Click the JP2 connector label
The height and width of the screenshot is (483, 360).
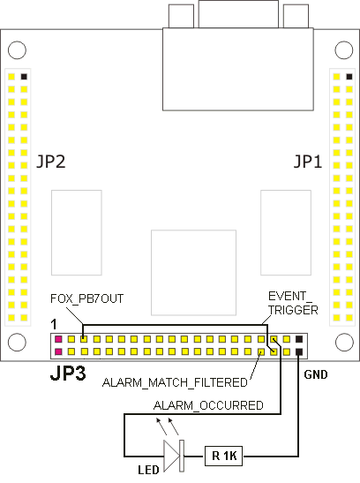(x=51, y=162)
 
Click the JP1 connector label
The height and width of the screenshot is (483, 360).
(x=307, y=162)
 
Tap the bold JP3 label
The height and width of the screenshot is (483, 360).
(x=68, y=374)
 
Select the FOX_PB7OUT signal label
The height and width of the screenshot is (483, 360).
(x=86, y=298)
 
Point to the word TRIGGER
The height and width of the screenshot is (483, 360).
(x=293, y=310)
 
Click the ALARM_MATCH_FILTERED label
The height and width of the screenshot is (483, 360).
(x=175, y=382)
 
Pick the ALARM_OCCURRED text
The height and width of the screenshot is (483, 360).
(x=208, y=405)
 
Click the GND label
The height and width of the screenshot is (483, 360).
(x=316, y=374)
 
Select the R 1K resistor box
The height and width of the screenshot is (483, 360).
(x=224, y=456)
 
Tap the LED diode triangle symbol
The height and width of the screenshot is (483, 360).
(x=171, y=457)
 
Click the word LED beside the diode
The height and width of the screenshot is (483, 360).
(x=148, y=470)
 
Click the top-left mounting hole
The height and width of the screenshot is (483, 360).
(x=17, y=50)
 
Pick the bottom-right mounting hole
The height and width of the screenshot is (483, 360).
(x=344, y=342)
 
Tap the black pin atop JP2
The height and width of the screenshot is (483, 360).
(x=24, y=77)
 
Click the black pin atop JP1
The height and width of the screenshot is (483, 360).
(x=349, y=77)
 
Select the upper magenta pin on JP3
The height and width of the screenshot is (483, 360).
(x=58, y=339)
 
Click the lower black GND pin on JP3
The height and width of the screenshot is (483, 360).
(x=299, y=351)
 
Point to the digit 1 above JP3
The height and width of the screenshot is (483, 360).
(x=54, y=324)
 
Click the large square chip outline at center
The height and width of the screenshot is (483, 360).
(x=193, y=273)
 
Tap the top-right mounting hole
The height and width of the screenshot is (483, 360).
(x=344, y=50)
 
